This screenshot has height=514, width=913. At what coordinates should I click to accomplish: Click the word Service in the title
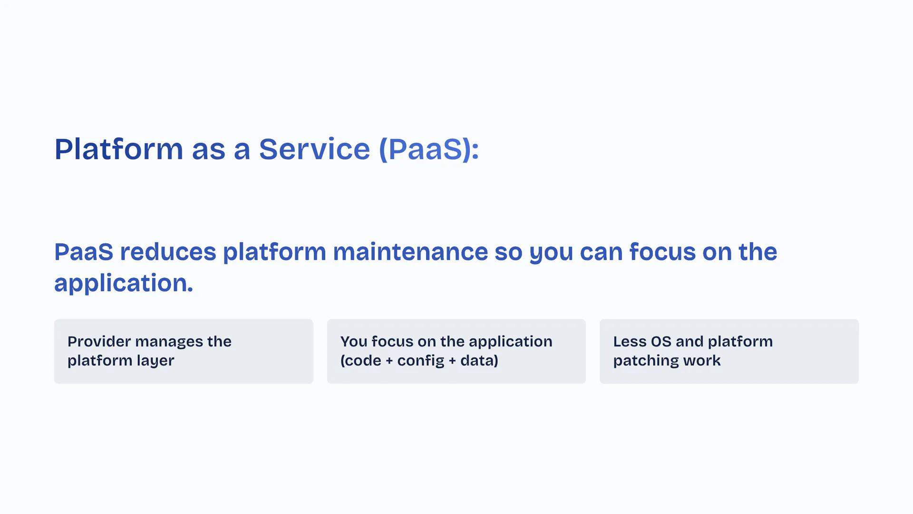314,149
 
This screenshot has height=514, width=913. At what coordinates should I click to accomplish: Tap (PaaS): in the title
429,149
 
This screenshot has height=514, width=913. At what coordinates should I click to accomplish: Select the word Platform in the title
119,149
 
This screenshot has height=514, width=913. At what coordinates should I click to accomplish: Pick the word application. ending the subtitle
124,283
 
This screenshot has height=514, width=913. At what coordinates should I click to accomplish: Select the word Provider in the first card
99,341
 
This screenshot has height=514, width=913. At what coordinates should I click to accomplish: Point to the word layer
155,361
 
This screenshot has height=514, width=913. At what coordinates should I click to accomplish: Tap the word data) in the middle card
479,360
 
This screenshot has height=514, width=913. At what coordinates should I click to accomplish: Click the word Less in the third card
630,341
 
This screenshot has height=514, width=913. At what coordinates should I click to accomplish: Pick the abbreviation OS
661,341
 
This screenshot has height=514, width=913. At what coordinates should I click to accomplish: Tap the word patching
646,361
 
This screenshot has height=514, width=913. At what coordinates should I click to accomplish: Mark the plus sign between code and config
389,361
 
